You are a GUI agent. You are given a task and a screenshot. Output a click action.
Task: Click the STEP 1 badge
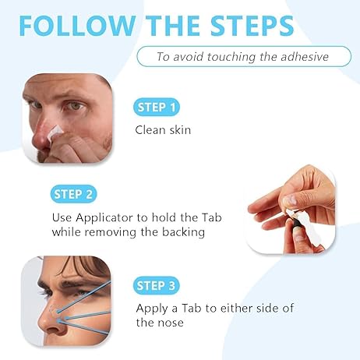[x=157, y=108]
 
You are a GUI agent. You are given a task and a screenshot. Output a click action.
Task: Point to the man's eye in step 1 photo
[x=76, y=106]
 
